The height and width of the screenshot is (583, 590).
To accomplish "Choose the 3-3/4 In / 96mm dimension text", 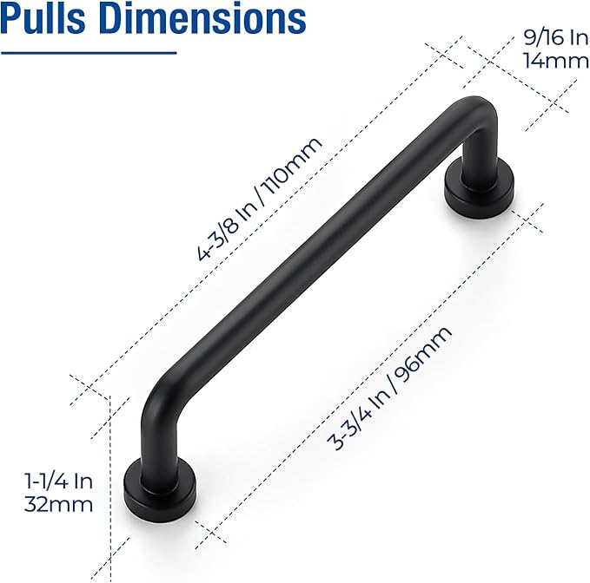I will (390, 388).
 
